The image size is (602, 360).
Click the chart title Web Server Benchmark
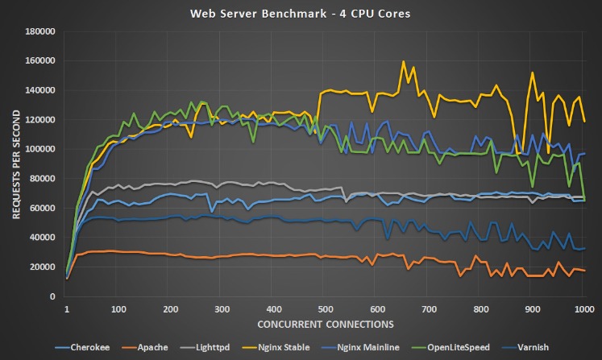(x=301, y=13)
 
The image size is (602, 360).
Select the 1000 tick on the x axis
(x=584, y=308)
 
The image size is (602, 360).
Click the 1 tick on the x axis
(x=66, y=308)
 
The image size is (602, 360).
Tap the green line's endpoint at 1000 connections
(x=584, y=199)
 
